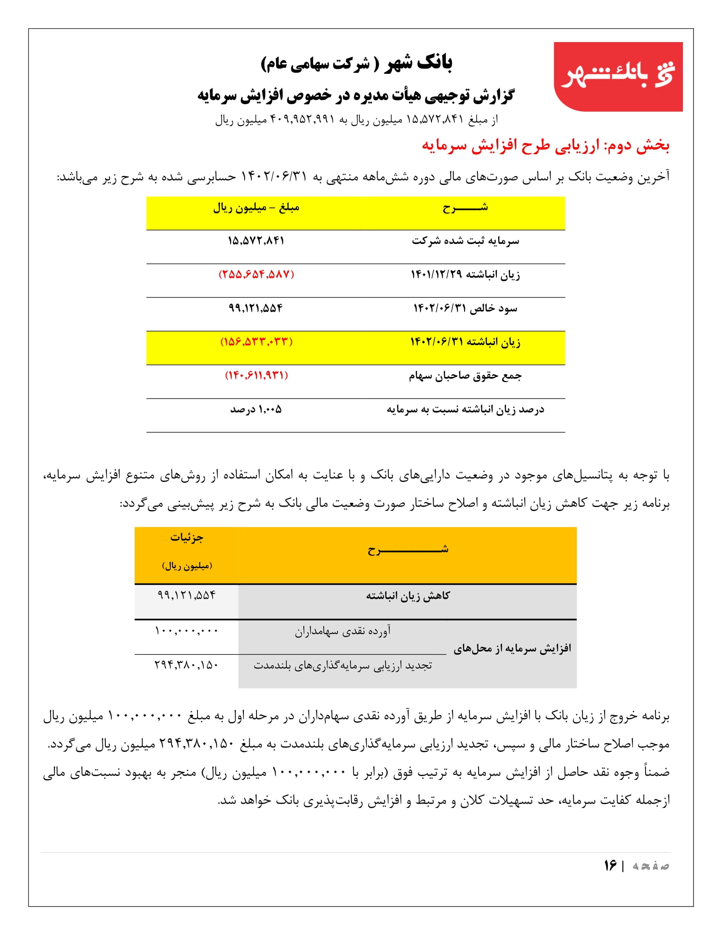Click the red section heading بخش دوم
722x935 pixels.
tap(545, 146)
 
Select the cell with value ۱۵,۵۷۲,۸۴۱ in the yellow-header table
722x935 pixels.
tap(256, 241)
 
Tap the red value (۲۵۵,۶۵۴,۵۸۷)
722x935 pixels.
tap(256, 275)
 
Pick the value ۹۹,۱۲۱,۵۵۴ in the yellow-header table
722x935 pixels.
tap(256, 308)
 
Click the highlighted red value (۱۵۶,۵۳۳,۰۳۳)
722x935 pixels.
tap(256, 342)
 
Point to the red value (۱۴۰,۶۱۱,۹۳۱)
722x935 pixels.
tap(256, 375)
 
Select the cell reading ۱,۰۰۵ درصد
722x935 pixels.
tap(256, 409)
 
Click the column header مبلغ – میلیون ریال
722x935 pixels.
tap(256, 208)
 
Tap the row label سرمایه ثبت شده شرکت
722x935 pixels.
tap(465, 241)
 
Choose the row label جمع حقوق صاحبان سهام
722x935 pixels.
tap(465, 376)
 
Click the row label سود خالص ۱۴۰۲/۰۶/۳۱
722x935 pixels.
tap(465, 308)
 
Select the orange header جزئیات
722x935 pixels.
tap(186, 538)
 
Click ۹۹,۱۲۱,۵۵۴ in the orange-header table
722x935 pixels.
tap(186, 595)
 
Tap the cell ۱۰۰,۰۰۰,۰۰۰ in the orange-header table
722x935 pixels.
tap(186, 631)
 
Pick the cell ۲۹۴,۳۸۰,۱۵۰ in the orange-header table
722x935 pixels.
tap(186, 665)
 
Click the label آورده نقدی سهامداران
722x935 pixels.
tap(342, 631)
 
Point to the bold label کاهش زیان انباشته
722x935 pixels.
tap(407, 596)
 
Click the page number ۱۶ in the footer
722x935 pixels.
tap(610, 866)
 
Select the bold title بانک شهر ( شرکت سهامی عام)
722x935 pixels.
tap(356, 63)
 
